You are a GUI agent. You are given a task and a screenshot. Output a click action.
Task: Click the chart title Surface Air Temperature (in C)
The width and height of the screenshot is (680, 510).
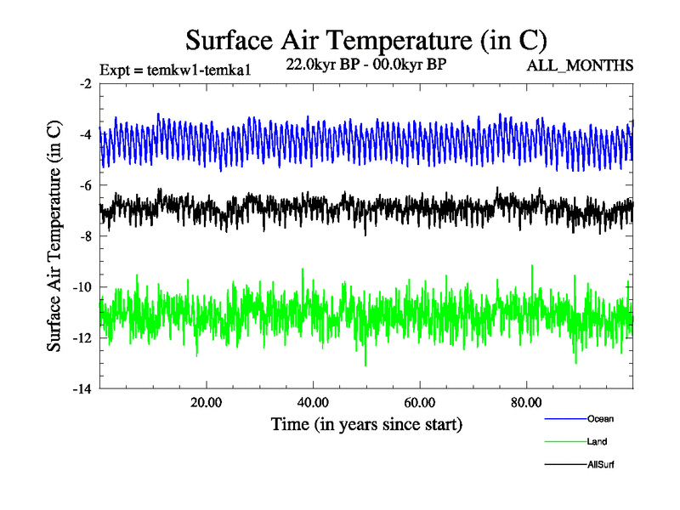(x=365, y=40)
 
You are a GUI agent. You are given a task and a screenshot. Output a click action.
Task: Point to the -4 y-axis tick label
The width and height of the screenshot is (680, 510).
(x=85, y=134)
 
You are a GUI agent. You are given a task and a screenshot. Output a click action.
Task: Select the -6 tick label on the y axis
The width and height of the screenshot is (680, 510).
(x=85, y=185)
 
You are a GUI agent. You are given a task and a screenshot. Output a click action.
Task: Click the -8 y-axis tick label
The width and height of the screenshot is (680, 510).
(x=85, y=236)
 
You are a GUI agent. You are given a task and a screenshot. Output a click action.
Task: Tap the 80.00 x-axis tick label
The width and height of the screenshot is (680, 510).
(x=527, y=403)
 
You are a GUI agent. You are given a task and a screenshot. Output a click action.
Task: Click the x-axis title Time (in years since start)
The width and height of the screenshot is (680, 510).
(x=367, y=422)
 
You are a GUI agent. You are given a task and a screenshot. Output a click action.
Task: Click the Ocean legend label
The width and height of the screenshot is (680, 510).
(x=600, y=418)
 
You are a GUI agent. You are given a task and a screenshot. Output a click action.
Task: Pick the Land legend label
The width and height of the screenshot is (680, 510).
(x=597, y=441)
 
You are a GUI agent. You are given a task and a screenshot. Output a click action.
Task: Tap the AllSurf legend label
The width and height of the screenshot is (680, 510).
(x=600, y=464)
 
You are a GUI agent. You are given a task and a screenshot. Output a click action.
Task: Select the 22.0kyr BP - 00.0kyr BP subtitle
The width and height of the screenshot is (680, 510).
(x=367, y=65)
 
